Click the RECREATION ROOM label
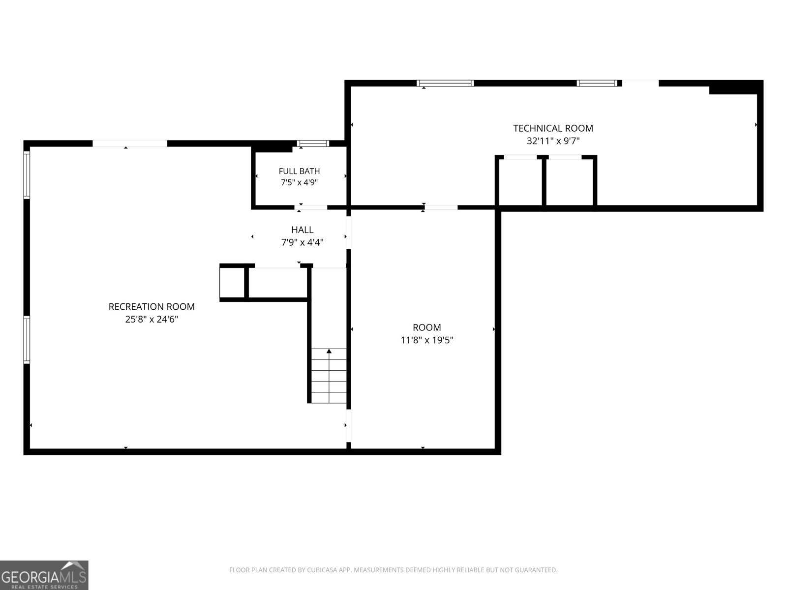click(x=151, y=307)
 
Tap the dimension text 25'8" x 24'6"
click(x=151, y=319)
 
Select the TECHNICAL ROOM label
click(x=553, y=128)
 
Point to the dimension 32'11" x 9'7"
click(x=553, y=141)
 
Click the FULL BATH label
click(x=299, y=171)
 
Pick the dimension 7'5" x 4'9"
click(x=299, y=182)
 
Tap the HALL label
click(x=302, y=230)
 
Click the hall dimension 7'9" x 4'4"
click(x=302, y=242)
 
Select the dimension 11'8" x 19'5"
click(x=426, y=340)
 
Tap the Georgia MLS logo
click(x=44, y=575)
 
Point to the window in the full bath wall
click(x=313, y=144)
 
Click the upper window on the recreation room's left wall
click(x=27, y=175)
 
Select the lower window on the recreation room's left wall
click(x=27, y=340)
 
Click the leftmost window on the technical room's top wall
click(x=445, y=83)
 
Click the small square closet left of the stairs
click(x=232, y=283)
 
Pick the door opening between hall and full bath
click(x=311, y=207)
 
